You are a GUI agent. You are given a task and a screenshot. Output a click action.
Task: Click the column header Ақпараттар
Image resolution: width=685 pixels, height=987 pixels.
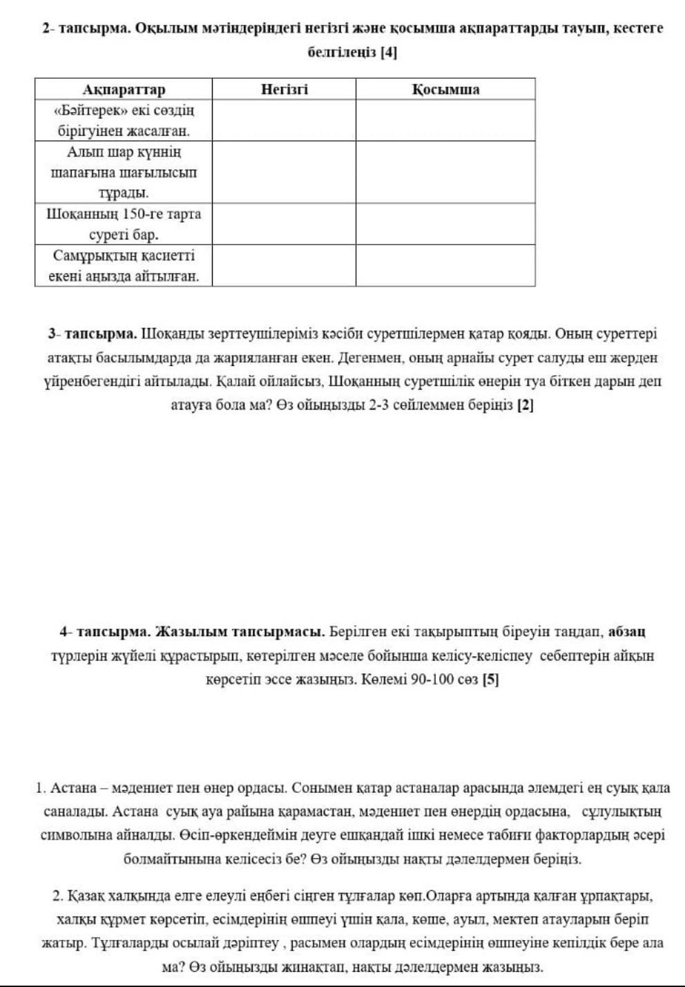tap(124, 90)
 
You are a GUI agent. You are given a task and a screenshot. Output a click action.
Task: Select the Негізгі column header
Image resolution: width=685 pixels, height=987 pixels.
tap(284, 90)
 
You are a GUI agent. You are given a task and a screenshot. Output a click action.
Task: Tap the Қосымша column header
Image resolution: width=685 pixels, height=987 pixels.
tap(445, 90)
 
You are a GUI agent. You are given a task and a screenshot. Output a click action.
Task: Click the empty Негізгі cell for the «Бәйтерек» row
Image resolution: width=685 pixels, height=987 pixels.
tap(284, 121)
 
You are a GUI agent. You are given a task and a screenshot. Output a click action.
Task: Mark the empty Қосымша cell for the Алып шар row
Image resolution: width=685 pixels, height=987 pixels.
tap(445, 172)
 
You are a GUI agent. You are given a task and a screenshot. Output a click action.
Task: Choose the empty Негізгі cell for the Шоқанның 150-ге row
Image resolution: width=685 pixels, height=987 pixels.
tap(284, 224)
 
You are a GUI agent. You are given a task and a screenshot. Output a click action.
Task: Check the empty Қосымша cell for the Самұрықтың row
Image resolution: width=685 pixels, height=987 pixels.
tap(445, 266)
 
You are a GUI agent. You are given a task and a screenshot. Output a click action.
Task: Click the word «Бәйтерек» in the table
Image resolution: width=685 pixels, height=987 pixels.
tap(84, 111)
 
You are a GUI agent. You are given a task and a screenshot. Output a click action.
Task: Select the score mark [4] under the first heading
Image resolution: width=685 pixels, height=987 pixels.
tap(389, 52)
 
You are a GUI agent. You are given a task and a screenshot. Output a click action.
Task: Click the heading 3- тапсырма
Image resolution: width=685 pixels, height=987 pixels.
tap(91, 334)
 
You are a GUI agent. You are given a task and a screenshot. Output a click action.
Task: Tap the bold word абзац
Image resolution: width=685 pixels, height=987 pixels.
tap(626, 631)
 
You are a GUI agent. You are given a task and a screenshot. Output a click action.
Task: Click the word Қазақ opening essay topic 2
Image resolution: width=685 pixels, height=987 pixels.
tap(84, 896)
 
